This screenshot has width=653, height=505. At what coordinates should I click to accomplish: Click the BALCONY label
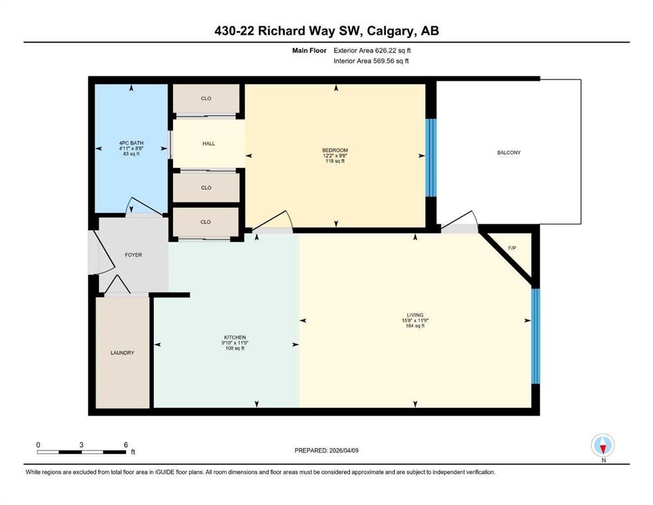[x=508, y=153]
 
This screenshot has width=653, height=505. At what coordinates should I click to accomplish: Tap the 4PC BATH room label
[x=131, y=143]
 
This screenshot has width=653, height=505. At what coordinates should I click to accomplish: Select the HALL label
[x=208, y=143]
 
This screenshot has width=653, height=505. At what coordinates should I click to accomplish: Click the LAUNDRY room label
[x=122, y=352]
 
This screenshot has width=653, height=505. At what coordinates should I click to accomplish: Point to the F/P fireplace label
[x=512, y=248]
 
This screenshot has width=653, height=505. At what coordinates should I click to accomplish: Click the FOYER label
[x=133, y=254]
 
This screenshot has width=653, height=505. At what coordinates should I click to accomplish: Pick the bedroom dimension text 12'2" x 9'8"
[x=335, y=156]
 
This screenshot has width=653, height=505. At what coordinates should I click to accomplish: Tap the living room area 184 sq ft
[x=415, y=326]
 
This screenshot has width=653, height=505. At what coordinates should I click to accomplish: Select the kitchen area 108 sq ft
[x=235, y=348]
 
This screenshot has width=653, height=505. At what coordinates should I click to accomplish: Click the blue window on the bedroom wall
[x=431, y=157]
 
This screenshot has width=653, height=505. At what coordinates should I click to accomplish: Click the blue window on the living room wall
[x=535, y=336]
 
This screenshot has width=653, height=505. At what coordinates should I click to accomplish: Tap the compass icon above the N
[x=602, y=445]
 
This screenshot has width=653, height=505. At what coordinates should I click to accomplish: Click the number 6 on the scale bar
[x=126, y=445]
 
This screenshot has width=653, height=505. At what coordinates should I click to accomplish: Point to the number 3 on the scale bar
[x=81, y=445]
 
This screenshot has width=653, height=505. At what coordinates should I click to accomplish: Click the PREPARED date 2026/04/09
[x=343, y=450]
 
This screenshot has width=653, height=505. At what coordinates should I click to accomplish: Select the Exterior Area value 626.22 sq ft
[x=393, y=51]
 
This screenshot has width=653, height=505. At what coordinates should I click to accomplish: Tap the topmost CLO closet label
[x=206, y=98]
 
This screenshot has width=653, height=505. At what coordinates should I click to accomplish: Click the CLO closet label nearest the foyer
[x=206, y=222]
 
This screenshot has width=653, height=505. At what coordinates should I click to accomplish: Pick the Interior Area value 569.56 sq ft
[x=391, y=60]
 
